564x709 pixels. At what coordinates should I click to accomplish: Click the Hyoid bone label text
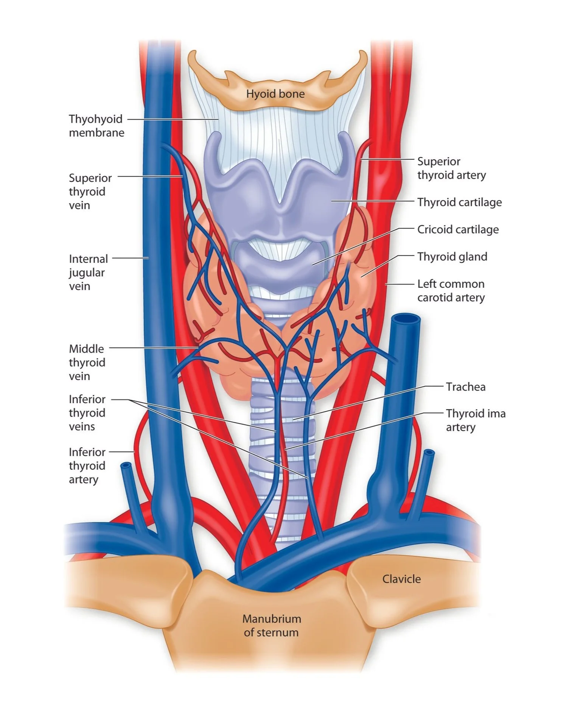(275, 93)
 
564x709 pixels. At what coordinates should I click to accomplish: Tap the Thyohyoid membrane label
(96, 126)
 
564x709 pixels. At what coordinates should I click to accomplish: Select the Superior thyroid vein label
(90, 191)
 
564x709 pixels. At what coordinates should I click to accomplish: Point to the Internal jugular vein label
(88, 272)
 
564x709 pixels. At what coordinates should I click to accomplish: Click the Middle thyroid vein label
(87, 362)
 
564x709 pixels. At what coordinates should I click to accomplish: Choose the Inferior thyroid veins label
(87, 413)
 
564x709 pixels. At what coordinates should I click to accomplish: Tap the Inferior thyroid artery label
(87, 466)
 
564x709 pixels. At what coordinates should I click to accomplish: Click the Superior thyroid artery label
(451, 168)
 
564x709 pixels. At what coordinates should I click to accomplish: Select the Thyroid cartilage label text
(459, 202)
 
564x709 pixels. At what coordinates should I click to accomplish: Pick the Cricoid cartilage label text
(458, 229)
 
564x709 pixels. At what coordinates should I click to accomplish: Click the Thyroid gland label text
(452, 257)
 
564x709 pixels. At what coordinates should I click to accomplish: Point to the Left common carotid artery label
(451, 290)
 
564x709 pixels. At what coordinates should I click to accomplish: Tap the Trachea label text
(465, 387)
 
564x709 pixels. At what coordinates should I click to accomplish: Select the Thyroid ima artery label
(475, 420)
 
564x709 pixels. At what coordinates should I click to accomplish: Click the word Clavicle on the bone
(401, 579)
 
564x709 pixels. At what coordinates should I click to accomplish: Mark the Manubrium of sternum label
(271, 625)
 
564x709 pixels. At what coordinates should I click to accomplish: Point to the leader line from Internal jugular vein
(131, 258)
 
